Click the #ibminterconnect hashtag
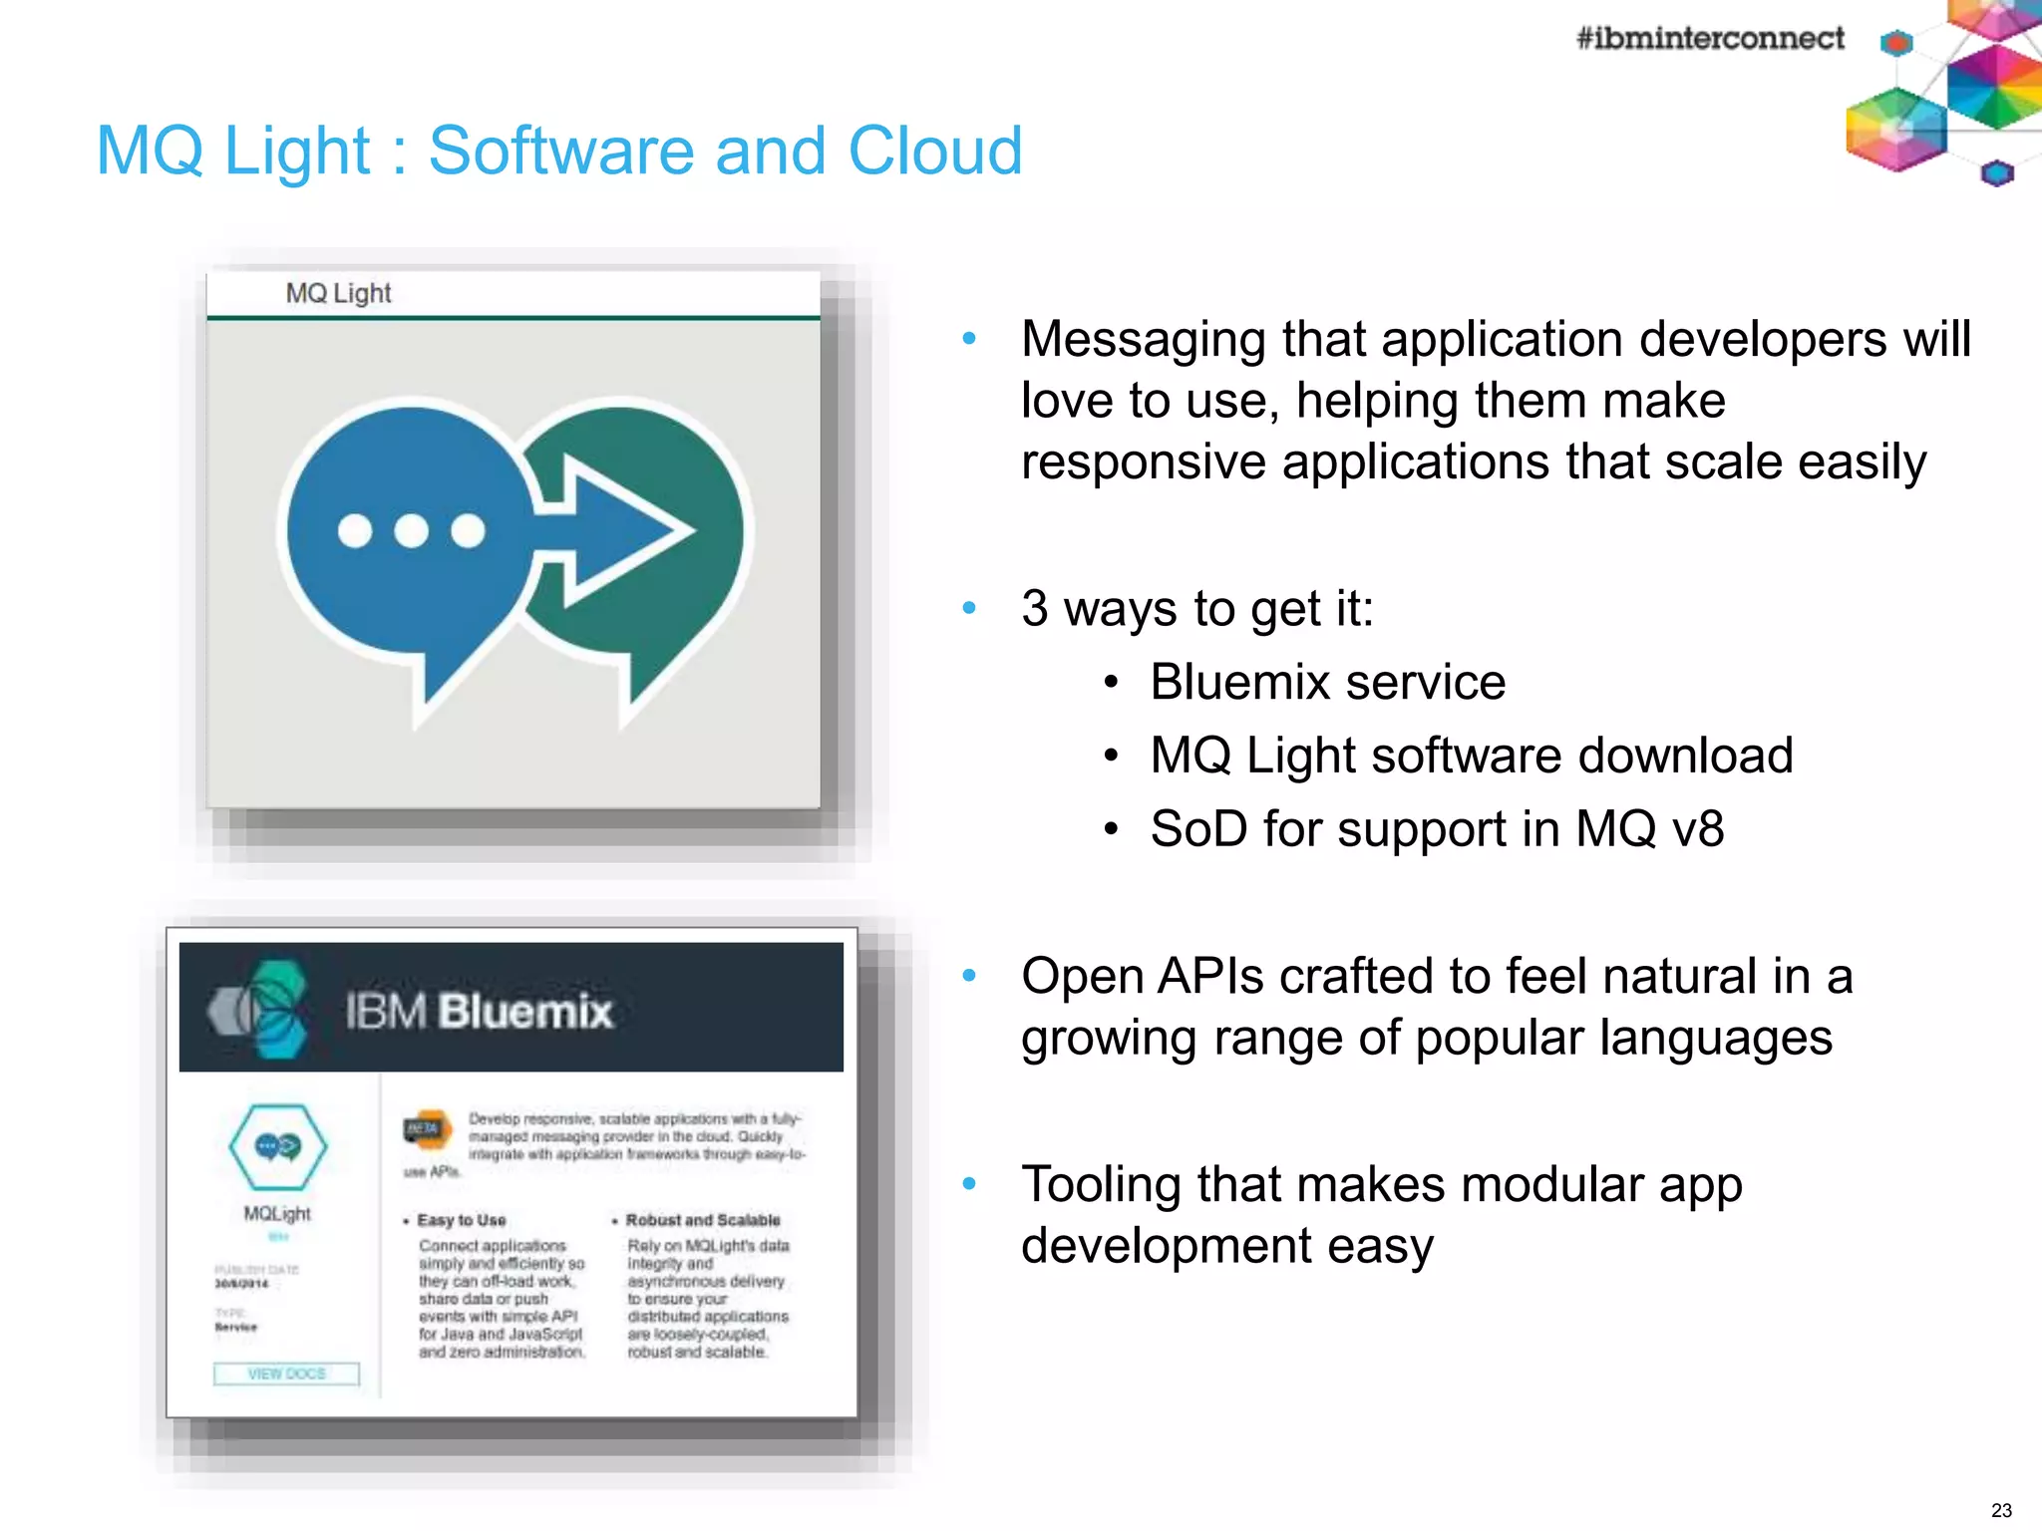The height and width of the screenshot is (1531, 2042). (x=1709, y=39)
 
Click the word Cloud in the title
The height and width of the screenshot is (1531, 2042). (x=934, y=152)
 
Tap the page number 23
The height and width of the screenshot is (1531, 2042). (x=2000, y=1510)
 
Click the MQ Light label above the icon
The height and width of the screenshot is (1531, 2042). (x=338, y=293)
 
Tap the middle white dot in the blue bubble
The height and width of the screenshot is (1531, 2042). (x=411, y=530)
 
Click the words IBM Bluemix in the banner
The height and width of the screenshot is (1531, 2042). (x=479, y=1011)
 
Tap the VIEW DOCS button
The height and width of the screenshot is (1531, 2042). (x=286, y=1374)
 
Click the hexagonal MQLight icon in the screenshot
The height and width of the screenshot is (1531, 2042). (x=277, y=1146)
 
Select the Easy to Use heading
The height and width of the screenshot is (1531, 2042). (x=461, y=1220)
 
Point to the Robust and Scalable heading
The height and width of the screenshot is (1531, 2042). (x=702, y=1220)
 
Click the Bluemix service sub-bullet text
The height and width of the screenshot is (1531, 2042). (x=1327, y=683)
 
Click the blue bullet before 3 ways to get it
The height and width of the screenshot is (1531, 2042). (x=969, y=608)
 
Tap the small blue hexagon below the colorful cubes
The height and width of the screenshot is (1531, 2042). (x=1996, y=174)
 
